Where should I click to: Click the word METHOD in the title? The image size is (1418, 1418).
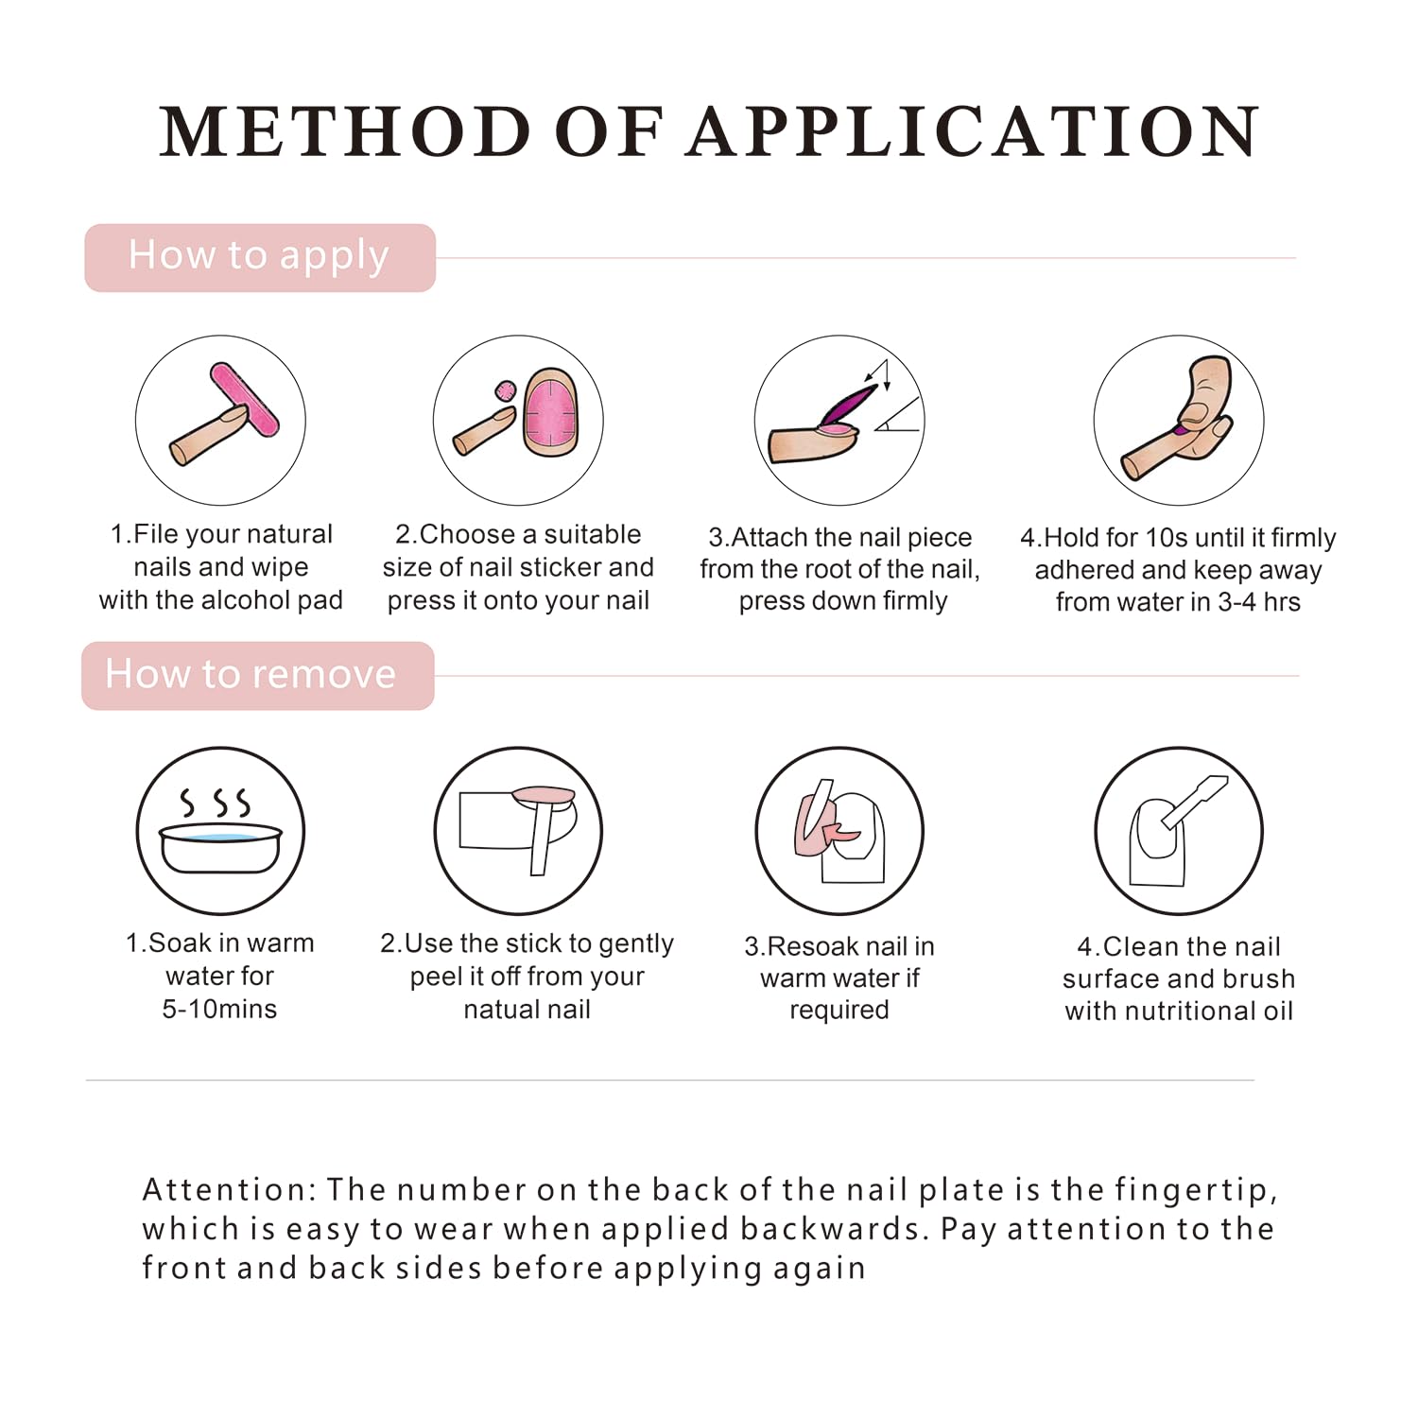click(x=346, y=131)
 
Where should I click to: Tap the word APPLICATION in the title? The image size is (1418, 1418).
click(x=975, y=131)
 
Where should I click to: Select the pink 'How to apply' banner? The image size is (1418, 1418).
click(x=260, y=257)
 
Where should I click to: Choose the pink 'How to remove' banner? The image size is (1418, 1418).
click(x=258, y=676)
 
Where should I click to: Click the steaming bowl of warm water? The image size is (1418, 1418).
click(x=220, y=847)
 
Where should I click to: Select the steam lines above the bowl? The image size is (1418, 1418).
click(x=216, y=803)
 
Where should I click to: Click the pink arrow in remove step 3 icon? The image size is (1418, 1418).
click(x=840, y=833)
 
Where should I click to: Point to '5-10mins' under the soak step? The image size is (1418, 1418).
click(x=219, y=1009)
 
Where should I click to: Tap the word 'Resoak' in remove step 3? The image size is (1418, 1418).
click(x=812, y=946)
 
